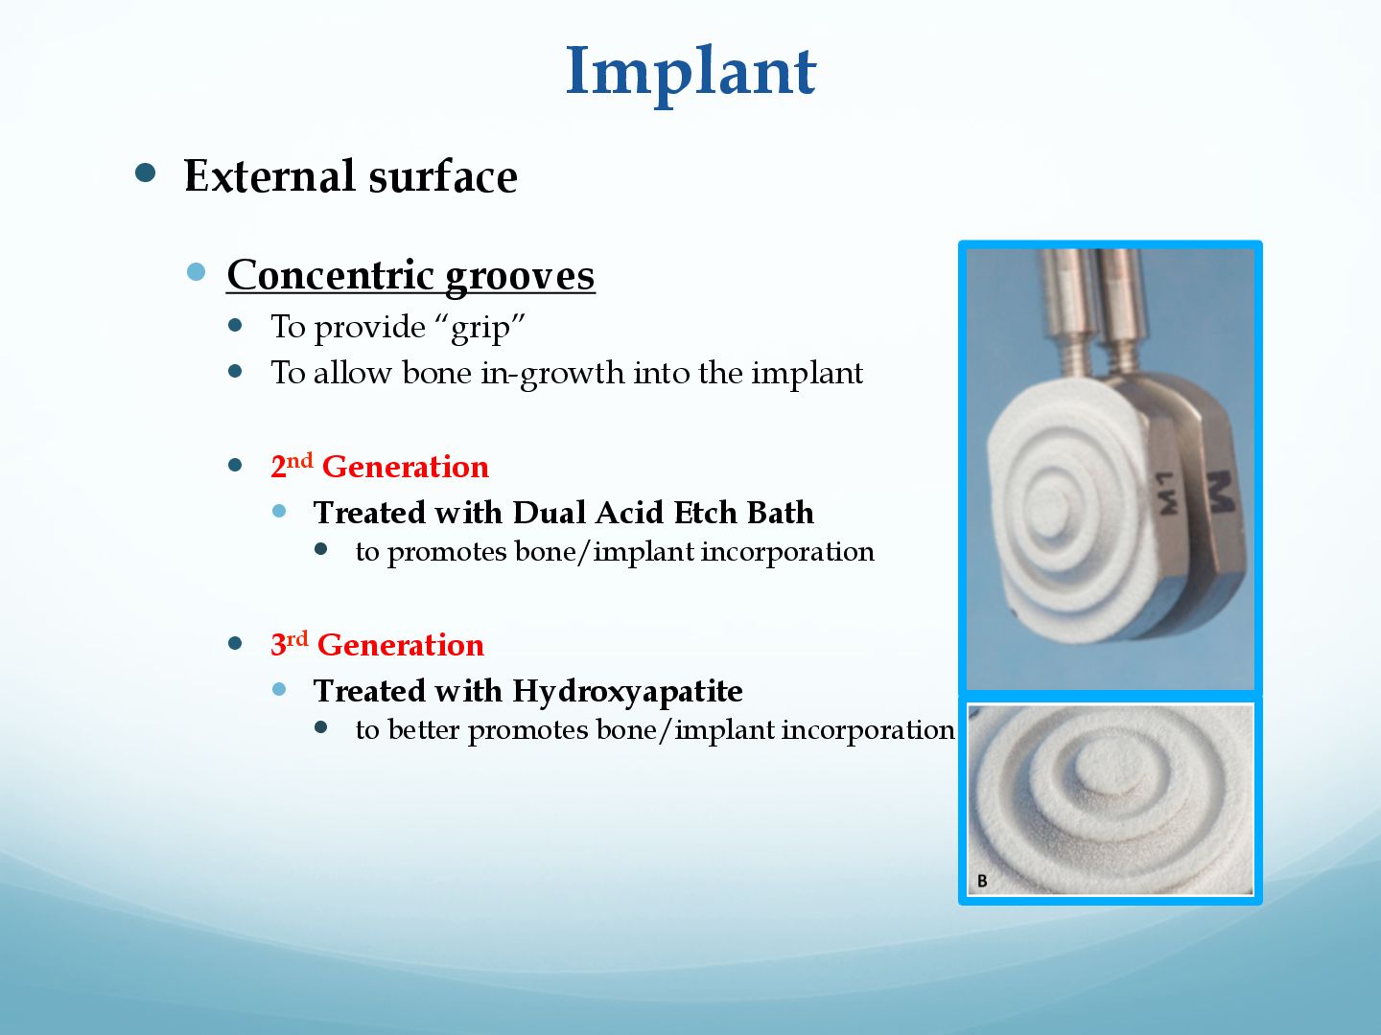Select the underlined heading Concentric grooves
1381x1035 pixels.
(410, 276)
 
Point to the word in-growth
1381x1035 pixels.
(553, 374)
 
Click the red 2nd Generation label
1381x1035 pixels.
(380, 467)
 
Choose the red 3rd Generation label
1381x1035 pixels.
(377, 644)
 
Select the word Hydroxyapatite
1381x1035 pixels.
(627, 692)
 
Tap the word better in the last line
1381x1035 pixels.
(424, 729)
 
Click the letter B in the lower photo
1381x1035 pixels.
(981, 881)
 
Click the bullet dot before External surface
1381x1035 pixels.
(146, 173)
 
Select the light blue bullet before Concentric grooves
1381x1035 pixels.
(197, 272)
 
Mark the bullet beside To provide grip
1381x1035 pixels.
(235, 325)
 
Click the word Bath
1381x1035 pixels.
(780, 512)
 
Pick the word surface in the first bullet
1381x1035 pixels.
(443, 175)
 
